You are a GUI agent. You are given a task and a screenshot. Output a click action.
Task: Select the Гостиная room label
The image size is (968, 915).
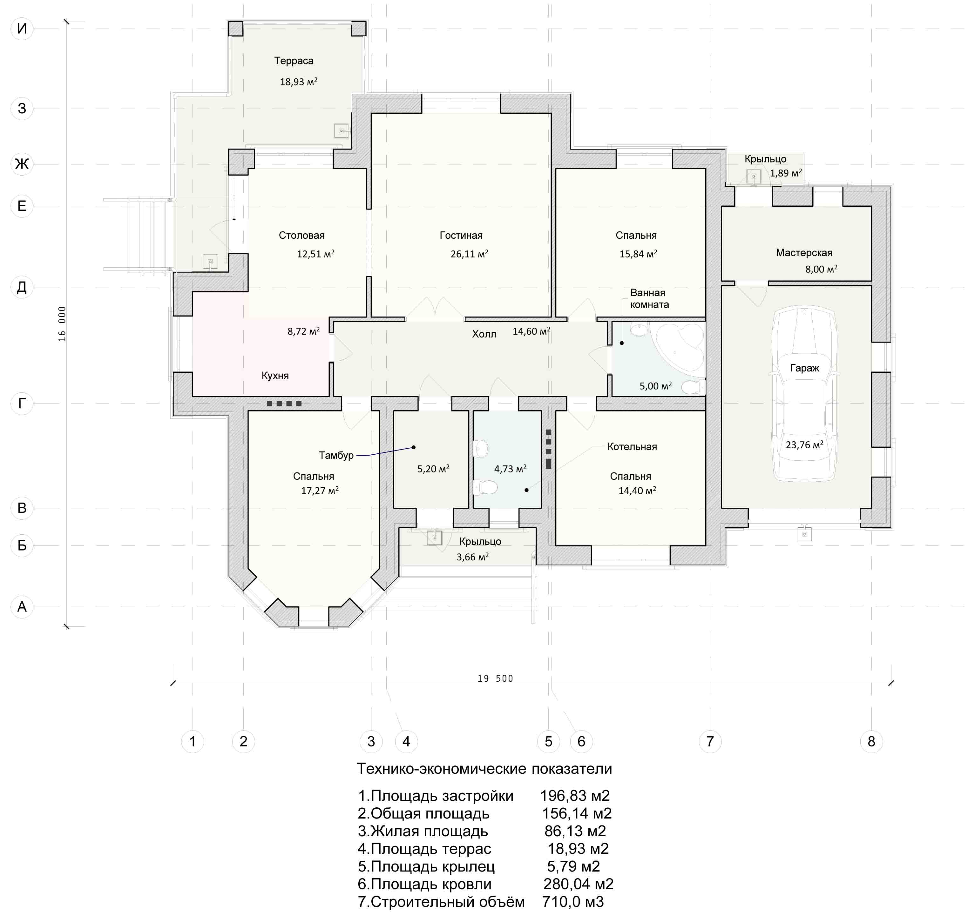coord(461,235)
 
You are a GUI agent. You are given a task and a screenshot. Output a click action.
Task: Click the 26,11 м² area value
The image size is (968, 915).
coord(469,254)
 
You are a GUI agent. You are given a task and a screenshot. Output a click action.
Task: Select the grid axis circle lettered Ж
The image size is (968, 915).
coord(22,164)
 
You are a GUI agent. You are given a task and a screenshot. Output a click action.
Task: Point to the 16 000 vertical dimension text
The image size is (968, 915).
coord(62,324)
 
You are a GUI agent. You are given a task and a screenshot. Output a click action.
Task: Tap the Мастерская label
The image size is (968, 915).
coord(804,253)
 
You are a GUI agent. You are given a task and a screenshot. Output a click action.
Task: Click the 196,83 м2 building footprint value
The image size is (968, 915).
coord(575,796)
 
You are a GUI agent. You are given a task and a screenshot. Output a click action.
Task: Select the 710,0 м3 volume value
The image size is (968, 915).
coord(572,902)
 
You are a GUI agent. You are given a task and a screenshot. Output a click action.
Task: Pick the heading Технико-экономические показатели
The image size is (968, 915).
coord(484,769)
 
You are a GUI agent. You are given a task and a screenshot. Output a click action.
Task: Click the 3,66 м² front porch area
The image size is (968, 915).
coord(472,557)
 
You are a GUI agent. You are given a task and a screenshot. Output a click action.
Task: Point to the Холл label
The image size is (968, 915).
coord(484,334)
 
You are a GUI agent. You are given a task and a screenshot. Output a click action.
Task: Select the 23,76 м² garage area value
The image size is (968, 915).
coord(804,445)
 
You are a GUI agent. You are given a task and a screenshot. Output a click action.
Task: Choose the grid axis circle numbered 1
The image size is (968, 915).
coord(192,741)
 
